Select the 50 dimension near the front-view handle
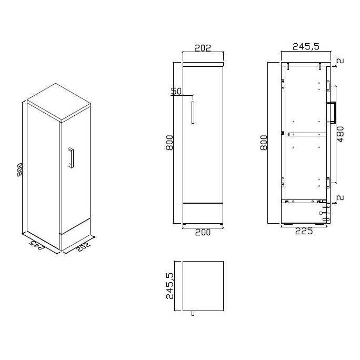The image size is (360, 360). coord(176,91)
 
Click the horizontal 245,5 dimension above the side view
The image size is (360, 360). coord(306,47)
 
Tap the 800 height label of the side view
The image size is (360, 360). coord(264,143)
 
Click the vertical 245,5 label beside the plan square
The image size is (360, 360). coord(169,286)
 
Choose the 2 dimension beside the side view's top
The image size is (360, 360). coord(340,61)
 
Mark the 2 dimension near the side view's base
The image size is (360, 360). coord(340,198)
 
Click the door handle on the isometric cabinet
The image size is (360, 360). coord(71,158)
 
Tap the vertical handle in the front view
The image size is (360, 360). coord(193,112)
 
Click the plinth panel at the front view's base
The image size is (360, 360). coord(203,213)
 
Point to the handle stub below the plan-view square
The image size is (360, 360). coord(193,314)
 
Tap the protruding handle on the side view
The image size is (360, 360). coord(333,112)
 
